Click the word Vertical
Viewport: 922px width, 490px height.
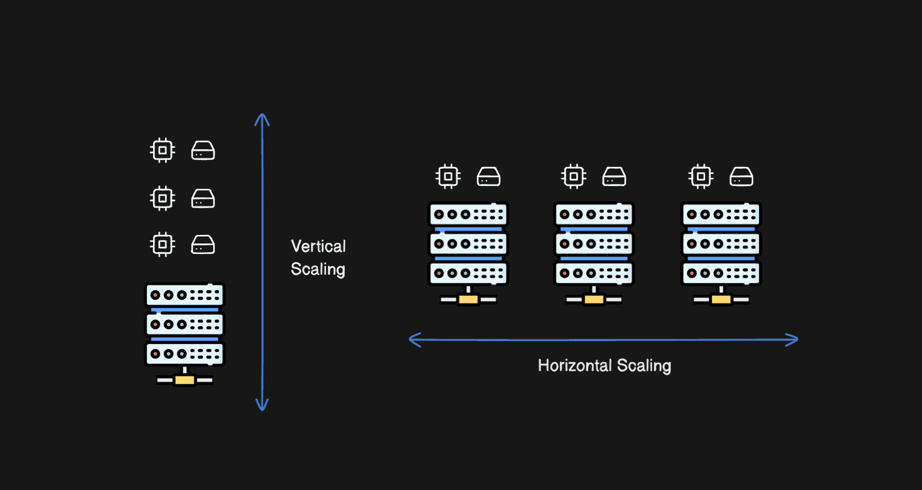pyautogui.click(x=318, y=246)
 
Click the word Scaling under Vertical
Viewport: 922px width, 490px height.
pyautogui.click(x=318, y=269)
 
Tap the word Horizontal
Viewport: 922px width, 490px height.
pyautogui.click(x=574, y=365)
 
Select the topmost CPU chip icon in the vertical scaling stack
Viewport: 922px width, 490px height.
pyautogui.click(x=163, y=150)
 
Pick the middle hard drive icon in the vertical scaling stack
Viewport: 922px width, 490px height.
pyautogui.click(x=203, y=199)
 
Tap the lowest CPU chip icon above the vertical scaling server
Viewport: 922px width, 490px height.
pyautogui.click(x=163, y=245)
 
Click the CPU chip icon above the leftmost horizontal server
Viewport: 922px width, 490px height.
pyautogui.click(x=448, y=177)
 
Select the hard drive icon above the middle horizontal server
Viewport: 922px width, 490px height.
pyautogui.click(x=614, y=177)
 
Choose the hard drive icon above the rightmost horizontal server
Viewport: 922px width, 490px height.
pyautogui.click(x=741, y=177)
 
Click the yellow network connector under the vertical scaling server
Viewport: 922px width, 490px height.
pyautogui.click(x=185, y=380)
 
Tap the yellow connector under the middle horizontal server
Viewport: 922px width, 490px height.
pyautogui.click(x=594, y=300)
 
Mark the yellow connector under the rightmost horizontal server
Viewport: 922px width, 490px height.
pyautogui.click(x=721, y=300)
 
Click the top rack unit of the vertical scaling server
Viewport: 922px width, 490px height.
pyautogui.click(x=185, y=295)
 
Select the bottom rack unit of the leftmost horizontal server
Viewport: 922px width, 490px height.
pyautogui.click(x=468, y=274)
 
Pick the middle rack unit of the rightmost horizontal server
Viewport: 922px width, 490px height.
pyautogui.click(x=721, y=244)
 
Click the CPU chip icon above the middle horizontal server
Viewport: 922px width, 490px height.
pyautogui.click(x=574, y=177)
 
